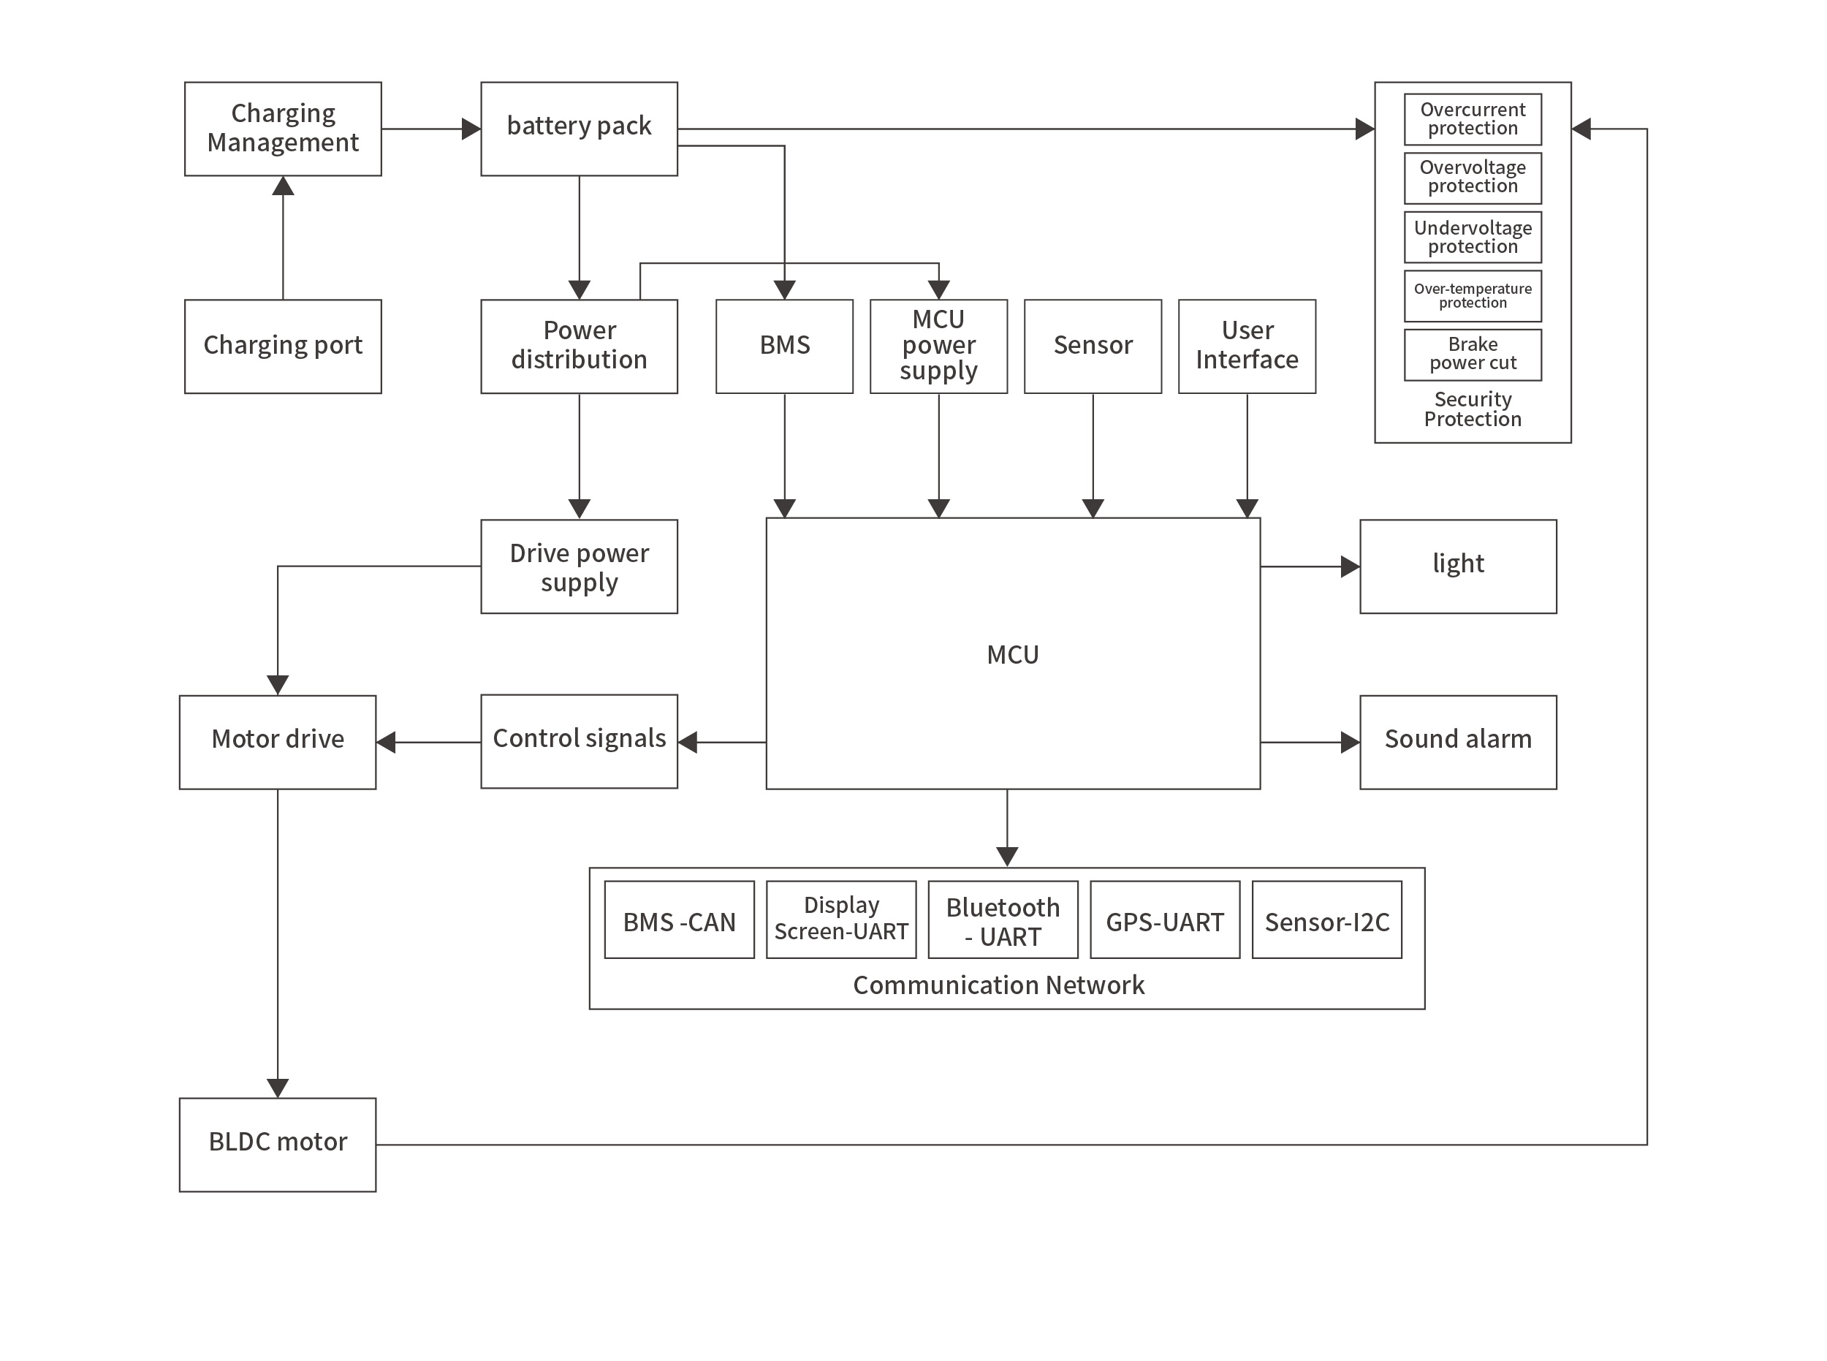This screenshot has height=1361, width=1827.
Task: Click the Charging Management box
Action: coord(283,129)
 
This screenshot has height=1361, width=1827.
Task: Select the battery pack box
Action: coord(578,129)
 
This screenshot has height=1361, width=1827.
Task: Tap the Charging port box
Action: coord(283,346)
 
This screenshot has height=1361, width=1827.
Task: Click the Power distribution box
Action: coord(578,346)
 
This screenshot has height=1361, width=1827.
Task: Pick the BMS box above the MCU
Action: coord(783,346)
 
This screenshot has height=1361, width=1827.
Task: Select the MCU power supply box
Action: coord(938,346)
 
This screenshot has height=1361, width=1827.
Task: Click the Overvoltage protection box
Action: coord(1472,178)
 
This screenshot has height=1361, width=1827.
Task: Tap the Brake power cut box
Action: coord(1472,355)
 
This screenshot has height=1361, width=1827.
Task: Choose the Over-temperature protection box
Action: coord(1472,296)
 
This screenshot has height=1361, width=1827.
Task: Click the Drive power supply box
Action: coord(578,566)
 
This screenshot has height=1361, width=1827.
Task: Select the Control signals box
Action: coord(578,740)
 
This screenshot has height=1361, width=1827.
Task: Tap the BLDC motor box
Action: coord(278,1143)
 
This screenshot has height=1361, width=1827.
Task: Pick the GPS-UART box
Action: coord(1164,920)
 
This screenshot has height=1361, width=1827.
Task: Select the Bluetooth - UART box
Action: coord(1003,920)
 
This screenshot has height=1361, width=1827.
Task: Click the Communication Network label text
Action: coord(998,985)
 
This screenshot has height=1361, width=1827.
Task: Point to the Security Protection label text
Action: coord(1472,409)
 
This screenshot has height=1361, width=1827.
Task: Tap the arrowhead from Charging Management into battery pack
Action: coord(471,129)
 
